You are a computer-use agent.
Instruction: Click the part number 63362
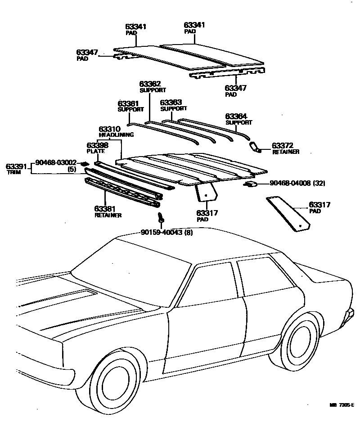tap(150, 84)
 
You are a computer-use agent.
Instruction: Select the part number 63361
tap(129, 103)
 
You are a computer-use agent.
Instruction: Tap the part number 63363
tap(171, 103)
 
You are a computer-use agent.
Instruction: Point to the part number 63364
tap(236, 116)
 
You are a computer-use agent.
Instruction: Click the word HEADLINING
tap(116, 135)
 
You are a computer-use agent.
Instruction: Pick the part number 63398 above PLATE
tap(98, 145)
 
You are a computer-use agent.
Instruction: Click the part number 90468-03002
tap(56, 162)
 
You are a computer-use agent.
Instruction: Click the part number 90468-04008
tap(290, 183)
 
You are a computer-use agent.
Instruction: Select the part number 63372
tap(283, 146)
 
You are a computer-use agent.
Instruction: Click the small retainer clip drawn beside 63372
tap(255, 146)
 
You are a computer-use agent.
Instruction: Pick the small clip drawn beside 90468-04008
tap(251, 184)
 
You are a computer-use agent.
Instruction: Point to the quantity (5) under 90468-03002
tap(72, 169)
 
